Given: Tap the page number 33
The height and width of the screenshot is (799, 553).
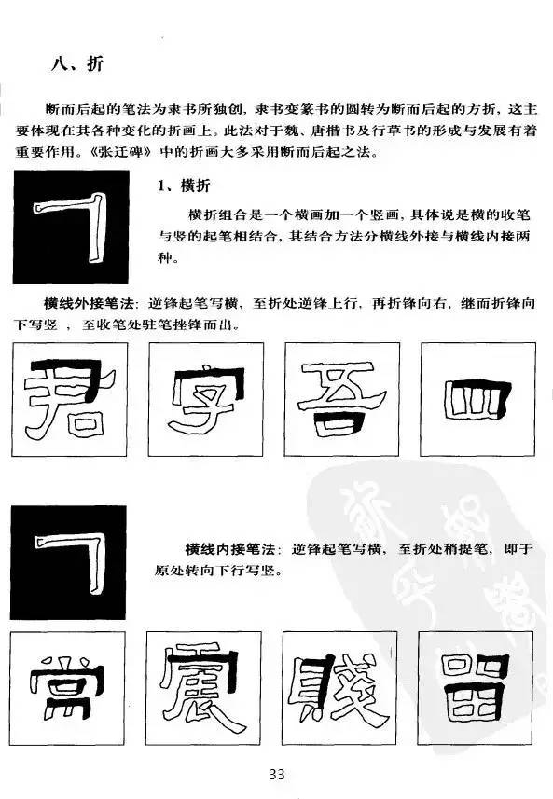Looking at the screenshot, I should coord(276,774).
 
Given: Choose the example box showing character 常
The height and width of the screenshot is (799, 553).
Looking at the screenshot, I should coord(72,691).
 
